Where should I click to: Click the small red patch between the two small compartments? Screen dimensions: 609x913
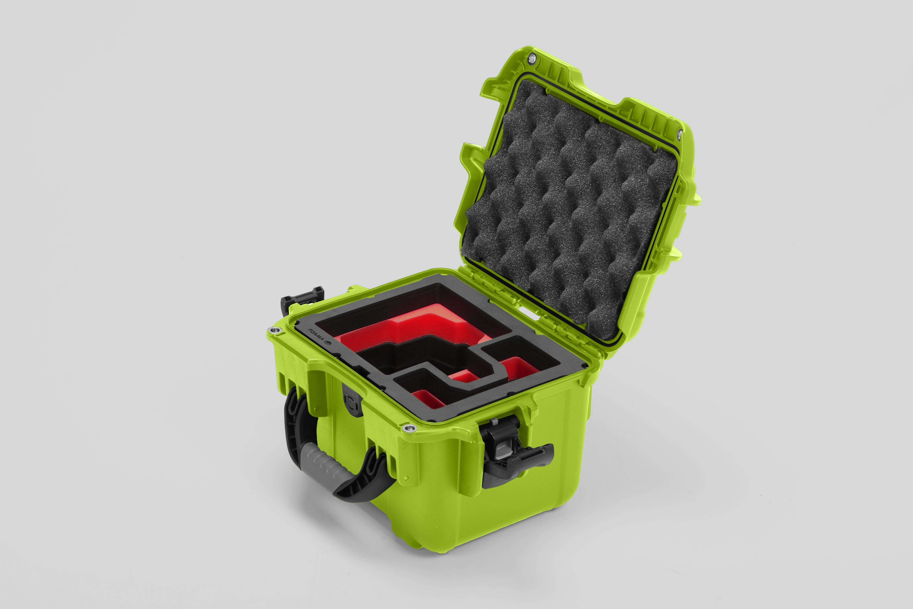[x=464, y=376]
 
